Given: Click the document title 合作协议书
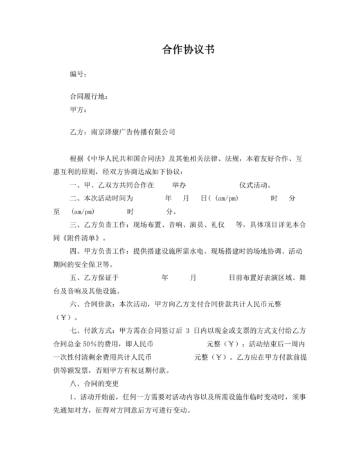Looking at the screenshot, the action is (180, 50).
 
